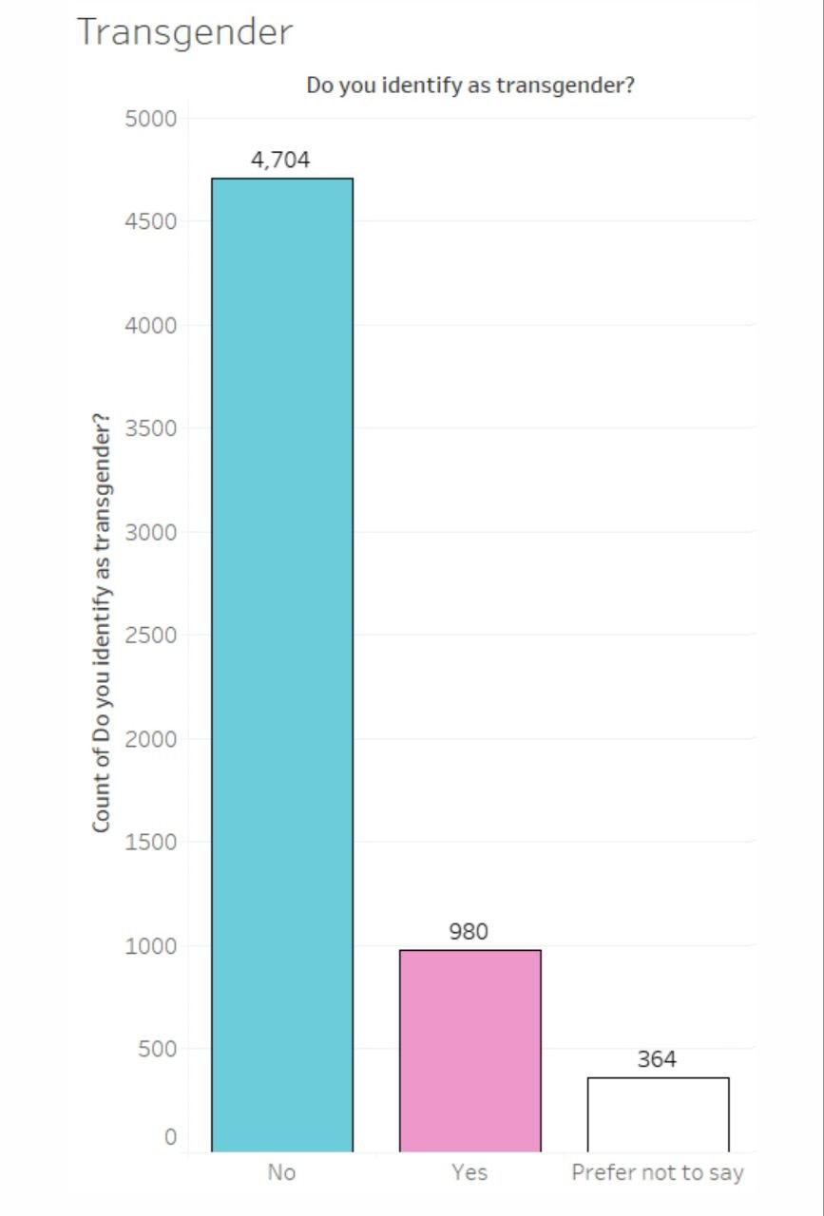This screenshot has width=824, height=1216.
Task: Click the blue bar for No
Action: pos(282,664)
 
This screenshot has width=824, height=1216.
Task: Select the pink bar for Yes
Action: pos(470,1051)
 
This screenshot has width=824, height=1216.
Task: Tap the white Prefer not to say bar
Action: pos(659,1114)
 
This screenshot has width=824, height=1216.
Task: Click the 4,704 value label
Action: pos(280,161)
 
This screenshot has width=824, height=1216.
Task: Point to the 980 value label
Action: pos(469,932)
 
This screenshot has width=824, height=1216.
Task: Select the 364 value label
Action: pos(657,1059)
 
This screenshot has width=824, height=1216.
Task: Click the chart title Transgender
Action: pos(184,32)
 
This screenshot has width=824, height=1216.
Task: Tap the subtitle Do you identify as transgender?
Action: pos(470,85)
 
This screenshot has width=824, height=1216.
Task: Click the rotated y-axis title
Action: pos(102,622)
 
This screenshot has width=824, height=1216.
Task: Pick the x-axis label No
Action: pos(281,1172)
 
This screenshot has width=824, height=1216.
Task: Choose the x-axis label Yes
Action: pos(469,1172)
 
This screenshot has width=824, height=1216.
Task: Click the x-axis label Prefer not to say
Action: pos(658,1173)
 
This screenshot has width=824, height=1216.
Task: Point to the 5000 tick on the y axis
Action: pos(151,119)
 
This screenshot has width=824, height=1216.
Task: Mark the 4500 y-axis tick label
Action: pos(151,221)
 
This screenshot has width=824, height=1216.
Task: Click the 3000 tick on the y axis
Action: pos(151,533)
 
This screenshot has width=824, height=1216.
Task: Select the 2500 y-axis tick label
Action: pos(151,636)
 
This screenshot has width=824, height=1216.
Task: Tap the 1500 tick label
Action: pos(151,843)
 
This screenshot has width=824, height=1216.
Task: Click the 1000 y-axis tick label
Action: pos(151,946)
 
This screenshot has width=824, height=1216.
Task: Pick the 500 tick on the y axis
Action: pos(158,1049)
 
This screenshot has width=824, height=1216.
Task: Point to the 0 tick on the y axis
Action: pos(170,1137)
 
